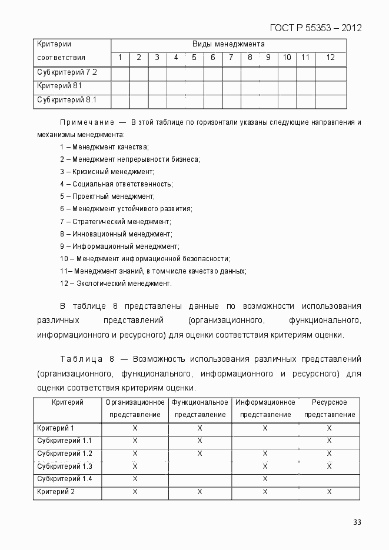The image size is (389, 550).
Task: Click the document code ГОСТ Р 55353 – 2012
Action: [315, 28]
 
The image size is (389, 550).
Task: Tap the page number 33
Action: [357, 522]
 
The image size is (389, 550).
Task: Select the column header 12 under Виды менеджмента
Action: [330, 58]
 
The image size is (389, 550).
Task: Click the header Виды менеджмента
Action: [228, 44]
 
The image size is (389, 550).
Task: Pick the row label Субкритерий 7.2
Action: [67, 72]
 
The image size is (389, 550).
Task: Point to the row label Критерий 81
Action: [59, 86]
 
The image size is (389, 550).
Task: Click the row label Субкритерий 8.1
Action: [67, 100]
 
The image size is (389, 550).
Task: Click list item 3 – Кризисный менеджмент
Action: [107, 172]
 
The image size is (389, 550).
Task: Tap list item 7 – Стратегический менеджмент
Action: [115, 222]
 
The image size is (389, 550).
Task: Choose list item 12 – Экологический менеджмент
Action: [115, 284]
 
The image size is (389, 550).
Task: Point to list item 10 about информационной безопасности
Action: [145, 259]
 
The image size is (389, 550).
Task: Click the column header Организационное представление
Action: [135, 408]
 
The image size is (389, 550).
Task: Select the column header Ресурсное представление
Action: [329, 408]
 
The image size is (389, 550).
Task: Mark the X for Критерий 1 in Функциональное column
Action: [200, 428]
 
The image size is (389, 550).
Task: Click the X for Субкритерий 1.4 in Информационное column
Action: [265, 479]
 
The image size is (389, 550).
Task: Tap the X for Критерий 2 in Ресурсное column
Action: [329, 492]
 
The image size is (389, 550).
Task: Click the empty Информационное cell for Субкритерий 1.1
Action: [265, 441]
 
